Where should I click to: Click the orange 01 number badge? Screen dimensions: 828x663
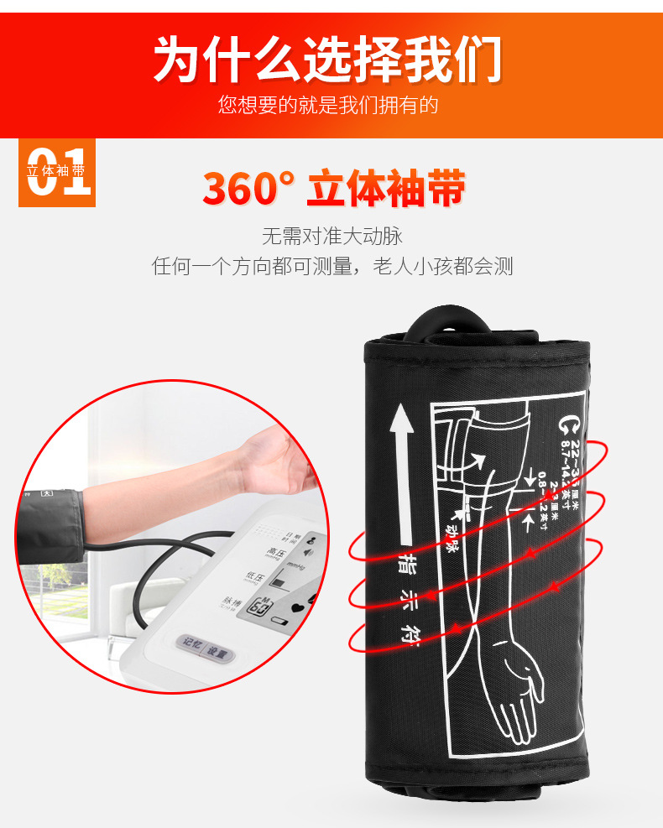57,173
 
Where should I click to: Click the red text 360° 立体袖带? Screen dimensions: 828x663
333,189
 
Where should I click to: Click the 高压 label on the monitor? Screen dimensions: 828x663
276,552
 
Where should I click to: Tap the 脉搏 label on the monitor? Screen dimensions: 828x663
232,602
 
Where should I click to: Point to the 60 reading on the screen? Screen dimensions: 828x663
257,605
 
